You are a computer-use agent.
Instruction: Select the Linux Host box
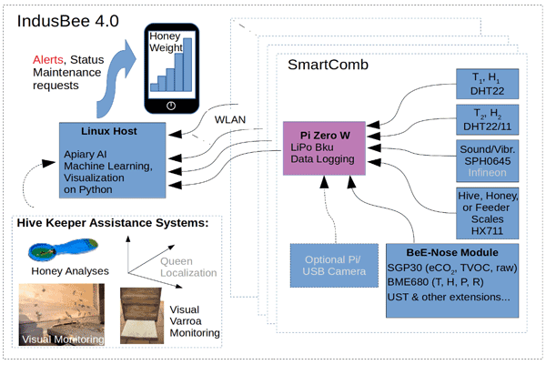[x=112, y=160]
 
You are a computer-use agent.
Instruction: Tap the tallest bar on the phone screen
[x=189, y=66]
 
